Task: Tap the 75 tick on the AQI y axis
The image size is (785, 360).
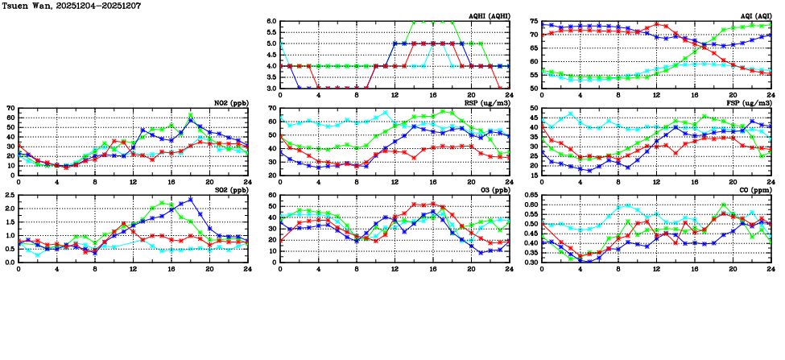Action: (534, 22)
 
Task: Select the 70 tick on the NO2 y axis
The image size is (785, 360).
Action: (10, 108)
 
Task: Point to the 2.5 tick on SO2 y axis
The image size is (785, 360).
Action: (9, 196)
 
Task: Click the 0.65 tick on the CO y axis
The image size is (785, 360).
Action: (530, 196)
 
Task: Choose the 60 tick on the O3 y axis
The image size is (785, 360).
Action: (272, 196)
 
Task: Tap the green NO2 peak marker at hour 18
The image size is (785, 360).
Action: (191, 115)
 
